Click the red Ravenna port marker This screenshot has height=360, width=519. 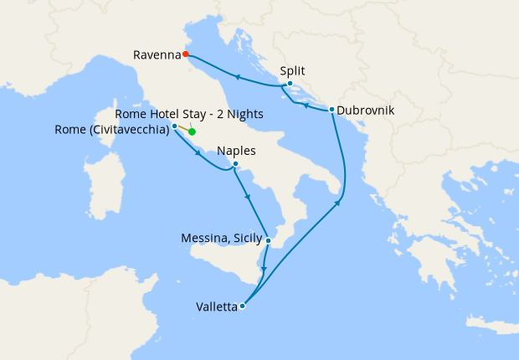pyautogui.click(x=186, y=55)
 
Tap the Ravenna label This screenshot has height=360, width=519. pyautogui.click(x=157, y=55)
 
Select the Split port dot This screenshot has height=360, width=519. pyautogui.click(x=290, y=84)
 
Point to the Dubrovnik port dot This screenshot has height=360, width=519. pyautogui.click(x=331, y=110)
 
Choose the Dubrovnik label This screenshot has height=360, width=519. pyautogui.click(x=365, y=110)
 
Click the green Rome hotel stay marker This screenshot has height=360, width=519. pyautogui.click(x=192, y=131)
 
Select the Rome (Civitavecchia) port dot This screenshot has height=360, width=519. pyautogui.click(x=174, y=126)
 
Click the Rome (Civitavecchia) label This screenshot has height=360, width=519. pyautogui.click(x=111, y=129)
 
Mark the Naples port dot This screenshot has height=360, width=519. pyautogui.click(x=235, y=164)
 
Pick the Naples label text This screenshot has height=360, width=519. pyautogui.click(x=235, y=152)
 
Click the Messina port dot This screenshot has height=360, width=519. pyautogui.click(x=268, y=241)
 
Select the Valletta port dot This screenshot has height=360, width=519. pyautogui.click(x=242, y=306)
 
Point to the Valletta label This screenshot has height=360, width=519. pyautogui.click(x=216, y=307)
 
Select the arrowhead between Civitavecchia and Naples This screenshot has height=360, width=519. pyautogui.click(x=199, y=153)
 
